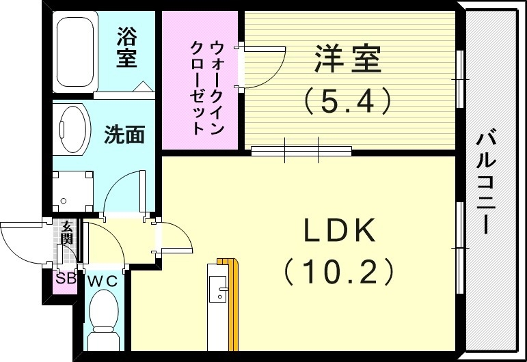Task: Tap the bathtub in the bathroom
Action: [75, 52]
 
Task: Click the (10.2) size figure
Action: [340, 273]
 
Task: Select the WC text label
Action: [103, 280]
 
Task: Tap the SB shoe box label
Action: [66, 279]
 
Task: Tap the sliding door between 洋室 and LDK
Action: [301, 150]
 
